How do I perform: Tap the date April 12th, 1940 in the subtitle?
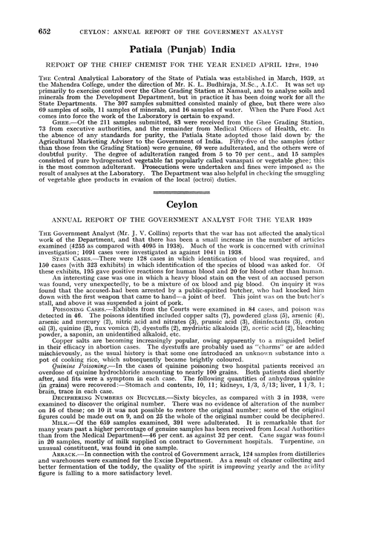(286, 51)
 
